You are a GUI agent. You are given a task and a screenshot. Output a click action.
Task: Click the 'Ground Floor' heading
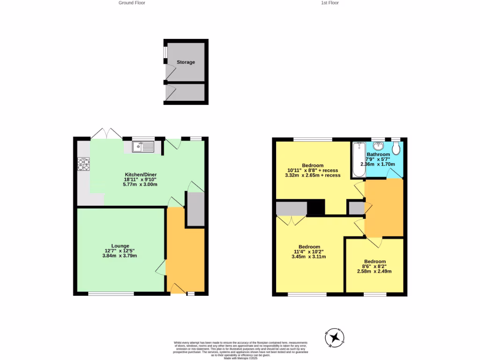point(132,3)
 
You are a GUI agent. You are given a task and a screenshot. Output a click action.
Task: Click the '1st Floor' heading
point(330,3)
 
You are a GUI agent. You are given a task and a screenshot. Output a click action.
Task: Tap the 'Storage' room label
point(186,62)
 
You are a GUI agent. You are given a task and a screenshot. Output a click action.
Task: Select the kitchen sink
point(143,147)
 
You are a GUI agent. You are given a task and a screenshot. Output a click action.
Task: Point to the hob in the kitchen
point(83,164)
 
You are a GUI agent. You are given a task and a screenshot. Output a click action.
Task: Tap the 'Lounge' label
point(120,246)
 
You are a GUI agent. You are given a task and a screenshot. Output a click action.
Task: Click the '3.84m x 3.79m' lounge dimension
point(120,255)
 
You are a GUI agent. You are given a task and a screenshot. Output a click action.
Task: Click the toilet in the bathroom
point(396,149)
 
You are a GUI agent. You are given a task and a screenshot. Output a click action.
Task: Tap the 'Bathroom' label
point(378,154)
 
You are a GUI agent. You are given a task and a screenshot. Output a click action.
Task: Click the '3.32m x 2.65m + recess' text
point(312,175)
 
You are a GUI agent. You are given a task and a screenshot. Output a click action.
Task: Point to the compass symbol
point(335,337)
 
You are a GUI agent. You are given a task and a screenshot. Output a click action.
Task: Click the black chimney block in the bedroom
point(316,207)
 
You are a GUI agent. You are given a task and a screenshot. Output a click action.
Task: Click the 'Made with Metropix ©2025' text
point(240,358)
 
